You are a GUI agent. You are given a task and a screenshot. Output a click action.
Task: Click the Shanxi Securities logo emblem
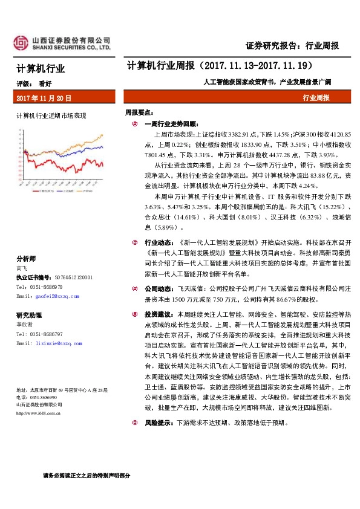tap(22, 42)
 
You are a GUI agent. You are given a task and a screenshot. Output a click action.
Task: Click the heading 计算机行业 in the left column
tap(41, 69)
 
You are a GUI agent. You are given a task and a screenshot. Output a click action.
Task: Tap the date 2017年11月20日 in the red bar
tap(44, 97)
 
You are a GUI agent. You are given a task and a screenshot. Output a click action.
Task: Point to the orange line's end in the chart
tap(103, 135)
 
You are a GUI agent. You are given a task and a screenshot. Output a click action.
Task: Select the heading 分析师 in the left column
tap(27, 258)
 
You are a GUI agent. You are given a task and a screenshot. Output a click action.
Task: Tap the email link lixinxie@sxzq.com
tap(58, 343)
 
